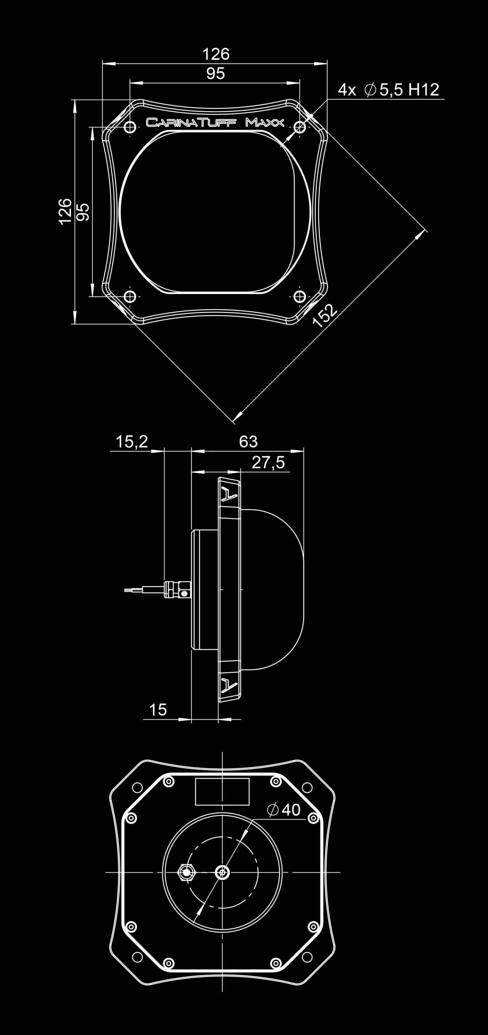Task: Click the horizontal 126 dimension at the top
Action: click(215, 54)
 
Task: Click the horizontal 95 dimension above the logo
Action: click(215, 74)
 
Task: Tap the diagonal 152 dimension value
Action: click(325, 316)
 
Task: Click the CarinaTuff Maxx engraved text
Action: click(215, 123)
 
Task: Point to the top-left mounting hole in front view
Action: click(130, 128)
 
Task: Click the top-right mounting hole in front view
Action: click(300, 128)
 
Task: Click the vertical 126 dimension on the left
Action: click(65, 211)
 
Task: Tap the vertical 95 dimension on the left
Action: click(83, 212)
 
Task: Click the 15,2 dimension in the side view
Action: click(132, 442)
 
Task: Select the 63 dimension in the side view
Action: click(248, 442)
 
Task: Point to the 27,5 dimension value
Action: click(268, 462)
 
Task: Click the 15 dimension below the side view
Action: click(157, 710)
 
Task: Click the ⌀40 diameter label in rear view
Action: click(284, 809)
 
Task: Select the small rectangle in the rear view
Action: click(222, 792)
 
